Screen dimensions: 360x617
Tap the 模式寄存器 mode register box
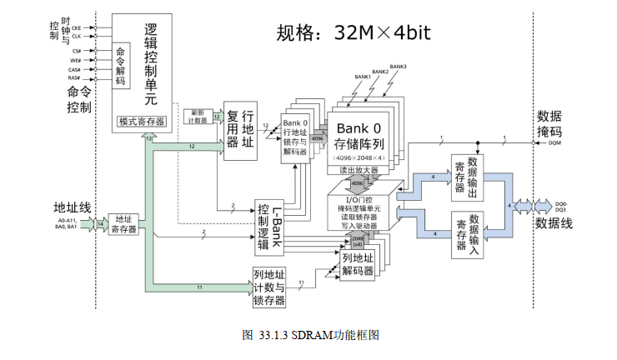pyautogui.click(x=142, y=122)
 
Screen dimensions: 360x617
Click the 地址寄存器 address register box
pyautogui.click(x=126, y=223)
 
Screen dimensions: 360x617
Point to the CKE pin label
pyautogui.click(x=76, y=27)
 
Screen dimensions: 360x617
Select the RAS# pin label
pyautogui.click(x=74, y=78)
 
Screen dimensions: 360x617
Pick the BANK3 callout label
pyautogui.click(x=399, y=66)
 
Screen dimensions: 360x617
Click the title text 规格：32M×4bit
pyautogui.click(x=354, y=32)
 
